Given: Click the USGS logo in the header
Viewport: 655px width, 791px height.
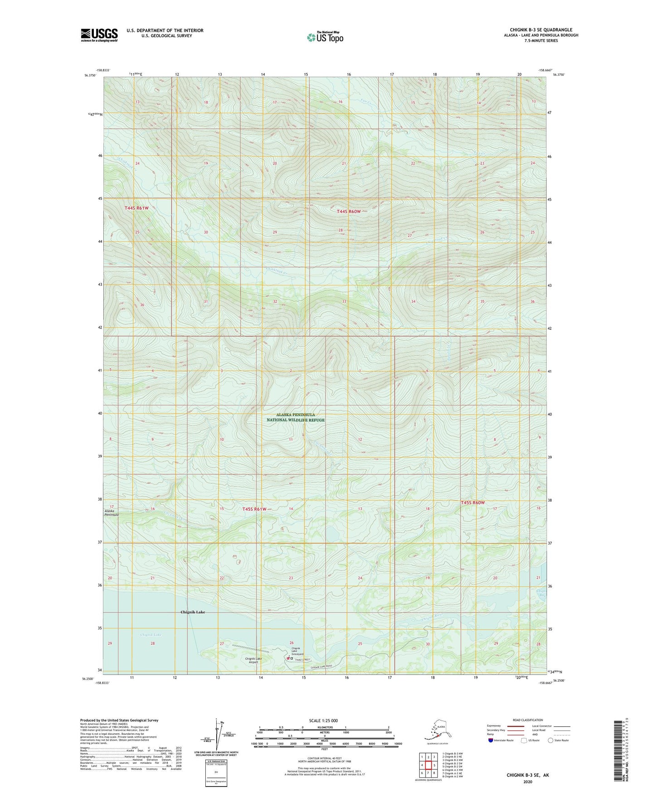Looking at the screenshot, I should (x=99, y=35).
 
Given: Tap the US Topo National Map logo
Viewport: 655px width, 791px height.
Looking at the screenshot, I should (x=325, y=37).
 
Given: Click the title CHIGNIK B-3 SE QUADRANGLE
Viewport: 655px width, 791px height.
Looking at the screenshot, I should (x=541, y=30).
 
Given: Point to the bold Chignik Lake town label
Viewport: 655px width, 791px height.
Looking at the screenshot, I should (x=193, y=612).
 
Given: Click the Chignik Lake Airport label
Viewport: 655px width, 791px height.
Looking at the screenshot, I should (x=253, y=660).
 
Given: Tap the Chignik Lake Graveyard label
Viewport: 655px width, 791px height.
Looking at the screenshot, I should (x=297, y=651).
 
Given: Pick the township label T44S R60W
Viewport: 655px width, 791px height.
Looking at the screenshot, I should (x=349, y=212).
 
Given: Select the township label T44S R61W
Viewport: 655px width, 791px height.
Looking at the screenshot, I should (x=136, y=208).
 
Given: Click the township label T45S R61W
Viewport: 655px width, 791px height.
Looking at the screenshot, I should (x=254, y=509).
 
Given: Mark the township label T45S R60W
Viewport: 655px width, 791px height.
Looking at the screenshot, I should (x=473, y=503).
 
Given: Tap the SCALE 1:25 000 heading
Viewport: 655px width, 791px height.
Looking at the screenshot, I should (x=323, y=720).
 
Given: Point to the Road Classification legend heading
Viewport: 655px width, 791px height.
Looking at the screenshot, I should (x=528, y=720).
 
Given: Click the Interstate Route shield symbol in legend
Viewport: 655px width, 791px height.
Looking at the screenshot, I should (x=491, y=740).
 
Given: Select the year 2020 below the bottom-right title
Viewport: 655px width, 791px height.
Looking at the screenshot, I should (x=528, y=781).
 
